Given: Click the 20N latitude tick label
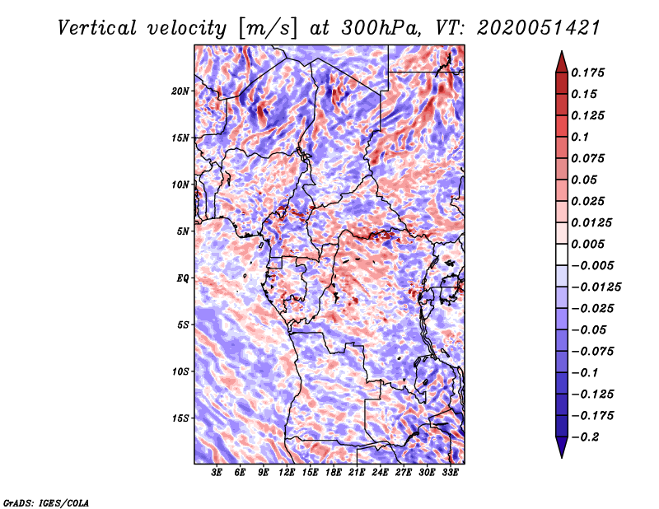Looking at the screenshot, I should pos(180,91).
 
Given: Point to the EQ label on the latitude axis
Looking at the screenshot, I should pos(184,278).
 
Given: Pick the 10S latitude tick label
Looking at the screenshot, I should pos(180,371).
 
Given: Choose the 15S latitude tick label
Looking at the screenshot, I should pos(180,418).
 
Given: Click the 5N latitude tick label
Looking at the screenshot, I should pos(183,231).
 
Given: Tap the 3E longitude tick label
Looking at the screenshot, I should pos(217,473).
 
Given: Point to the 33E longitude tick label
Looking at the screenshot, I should pos(451,473).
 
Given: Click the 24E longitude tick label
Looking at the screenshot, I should pos(381,473).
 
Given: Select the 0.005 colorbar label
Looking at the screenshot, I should pos(590,245).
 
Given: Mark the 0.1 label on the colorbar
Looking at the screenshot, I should pos(581,137).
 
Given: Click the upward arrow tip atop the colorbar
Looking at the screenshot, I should pos(561,54).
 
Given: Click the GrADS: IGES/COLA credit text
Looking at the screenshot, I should pos(45,502).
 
